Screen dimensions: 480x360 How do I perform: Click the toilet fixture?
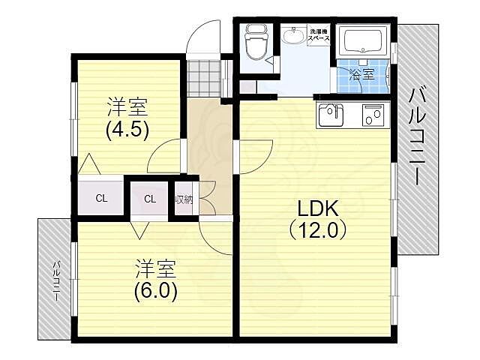256,43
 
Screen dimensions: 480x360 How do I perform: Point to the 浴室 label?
362,74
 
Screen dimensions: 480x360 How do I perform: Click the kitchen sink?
331,115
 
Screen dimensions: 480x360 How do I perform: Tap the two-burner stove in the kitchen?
373,115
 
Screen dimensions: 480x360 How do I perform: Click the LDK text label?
318,208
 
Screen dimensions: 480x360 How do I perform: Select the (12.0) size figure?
318,230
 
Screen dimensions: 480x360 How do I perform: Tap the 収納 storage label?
184,200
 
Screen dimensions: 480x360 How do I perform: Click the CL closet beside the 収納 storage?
150,199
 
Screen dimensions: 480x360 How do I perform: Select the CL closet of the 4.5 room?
101,198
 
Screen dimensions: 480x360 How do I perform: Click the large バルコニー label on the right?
418,136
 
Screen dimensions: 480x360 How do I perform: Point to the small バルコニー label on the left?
57,280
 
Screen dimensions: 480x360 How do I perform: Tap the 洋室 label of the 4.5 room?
127,107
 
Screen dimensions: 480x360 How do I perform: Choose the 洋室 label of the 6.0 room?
155,268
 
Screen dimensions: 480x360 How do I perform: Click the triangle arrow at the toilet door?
270,61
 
